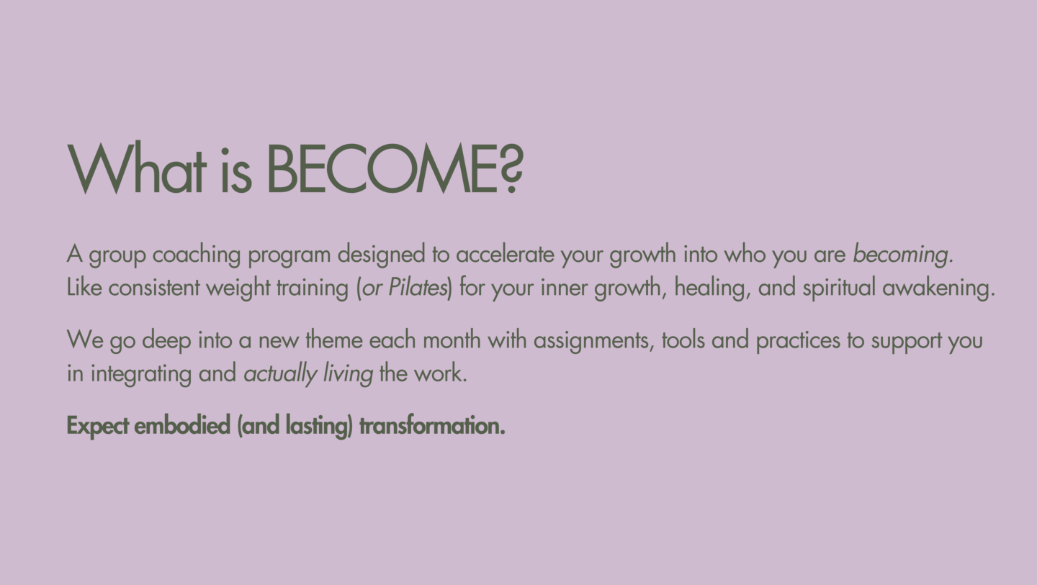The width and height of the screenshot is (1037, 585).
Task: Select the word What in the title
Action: click(x=136, y=169)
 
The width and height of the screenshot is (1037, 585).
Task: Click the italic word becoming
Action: click(x=903, y=254)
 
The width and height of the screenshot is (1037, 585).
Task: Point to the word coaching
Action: click(x=197, y=254)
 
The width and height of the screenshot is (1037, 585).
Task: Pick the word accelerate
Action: click(x=505, y=254)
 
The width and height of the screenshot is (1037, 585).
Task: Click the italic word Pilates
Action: click(x=417, y=287)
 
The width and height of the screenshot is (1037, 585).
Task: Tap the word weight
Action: click(x=238, y=288)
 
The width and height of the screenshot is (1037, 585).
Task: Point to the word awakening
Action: click(x=938, y=288)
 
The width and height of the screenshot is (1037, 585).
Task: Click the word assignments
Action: click(x=593, y=340)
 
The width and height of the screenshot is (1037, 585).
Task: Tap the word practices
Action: click(x=798, y=340)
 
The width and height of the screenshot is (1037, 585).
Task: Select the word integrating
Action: click(x=140, y=373)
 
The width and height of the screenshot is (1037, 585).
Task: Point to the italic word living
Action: click(x=348, y=373)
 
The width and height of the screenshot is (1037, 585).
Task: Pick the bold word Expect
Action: click(x=98, y=426)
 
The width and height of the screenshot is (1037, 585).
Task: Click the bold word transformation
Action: click(x=432, y=425)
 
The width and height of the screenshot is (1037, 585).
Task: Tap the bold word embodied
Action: click(x=182, y=425)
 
